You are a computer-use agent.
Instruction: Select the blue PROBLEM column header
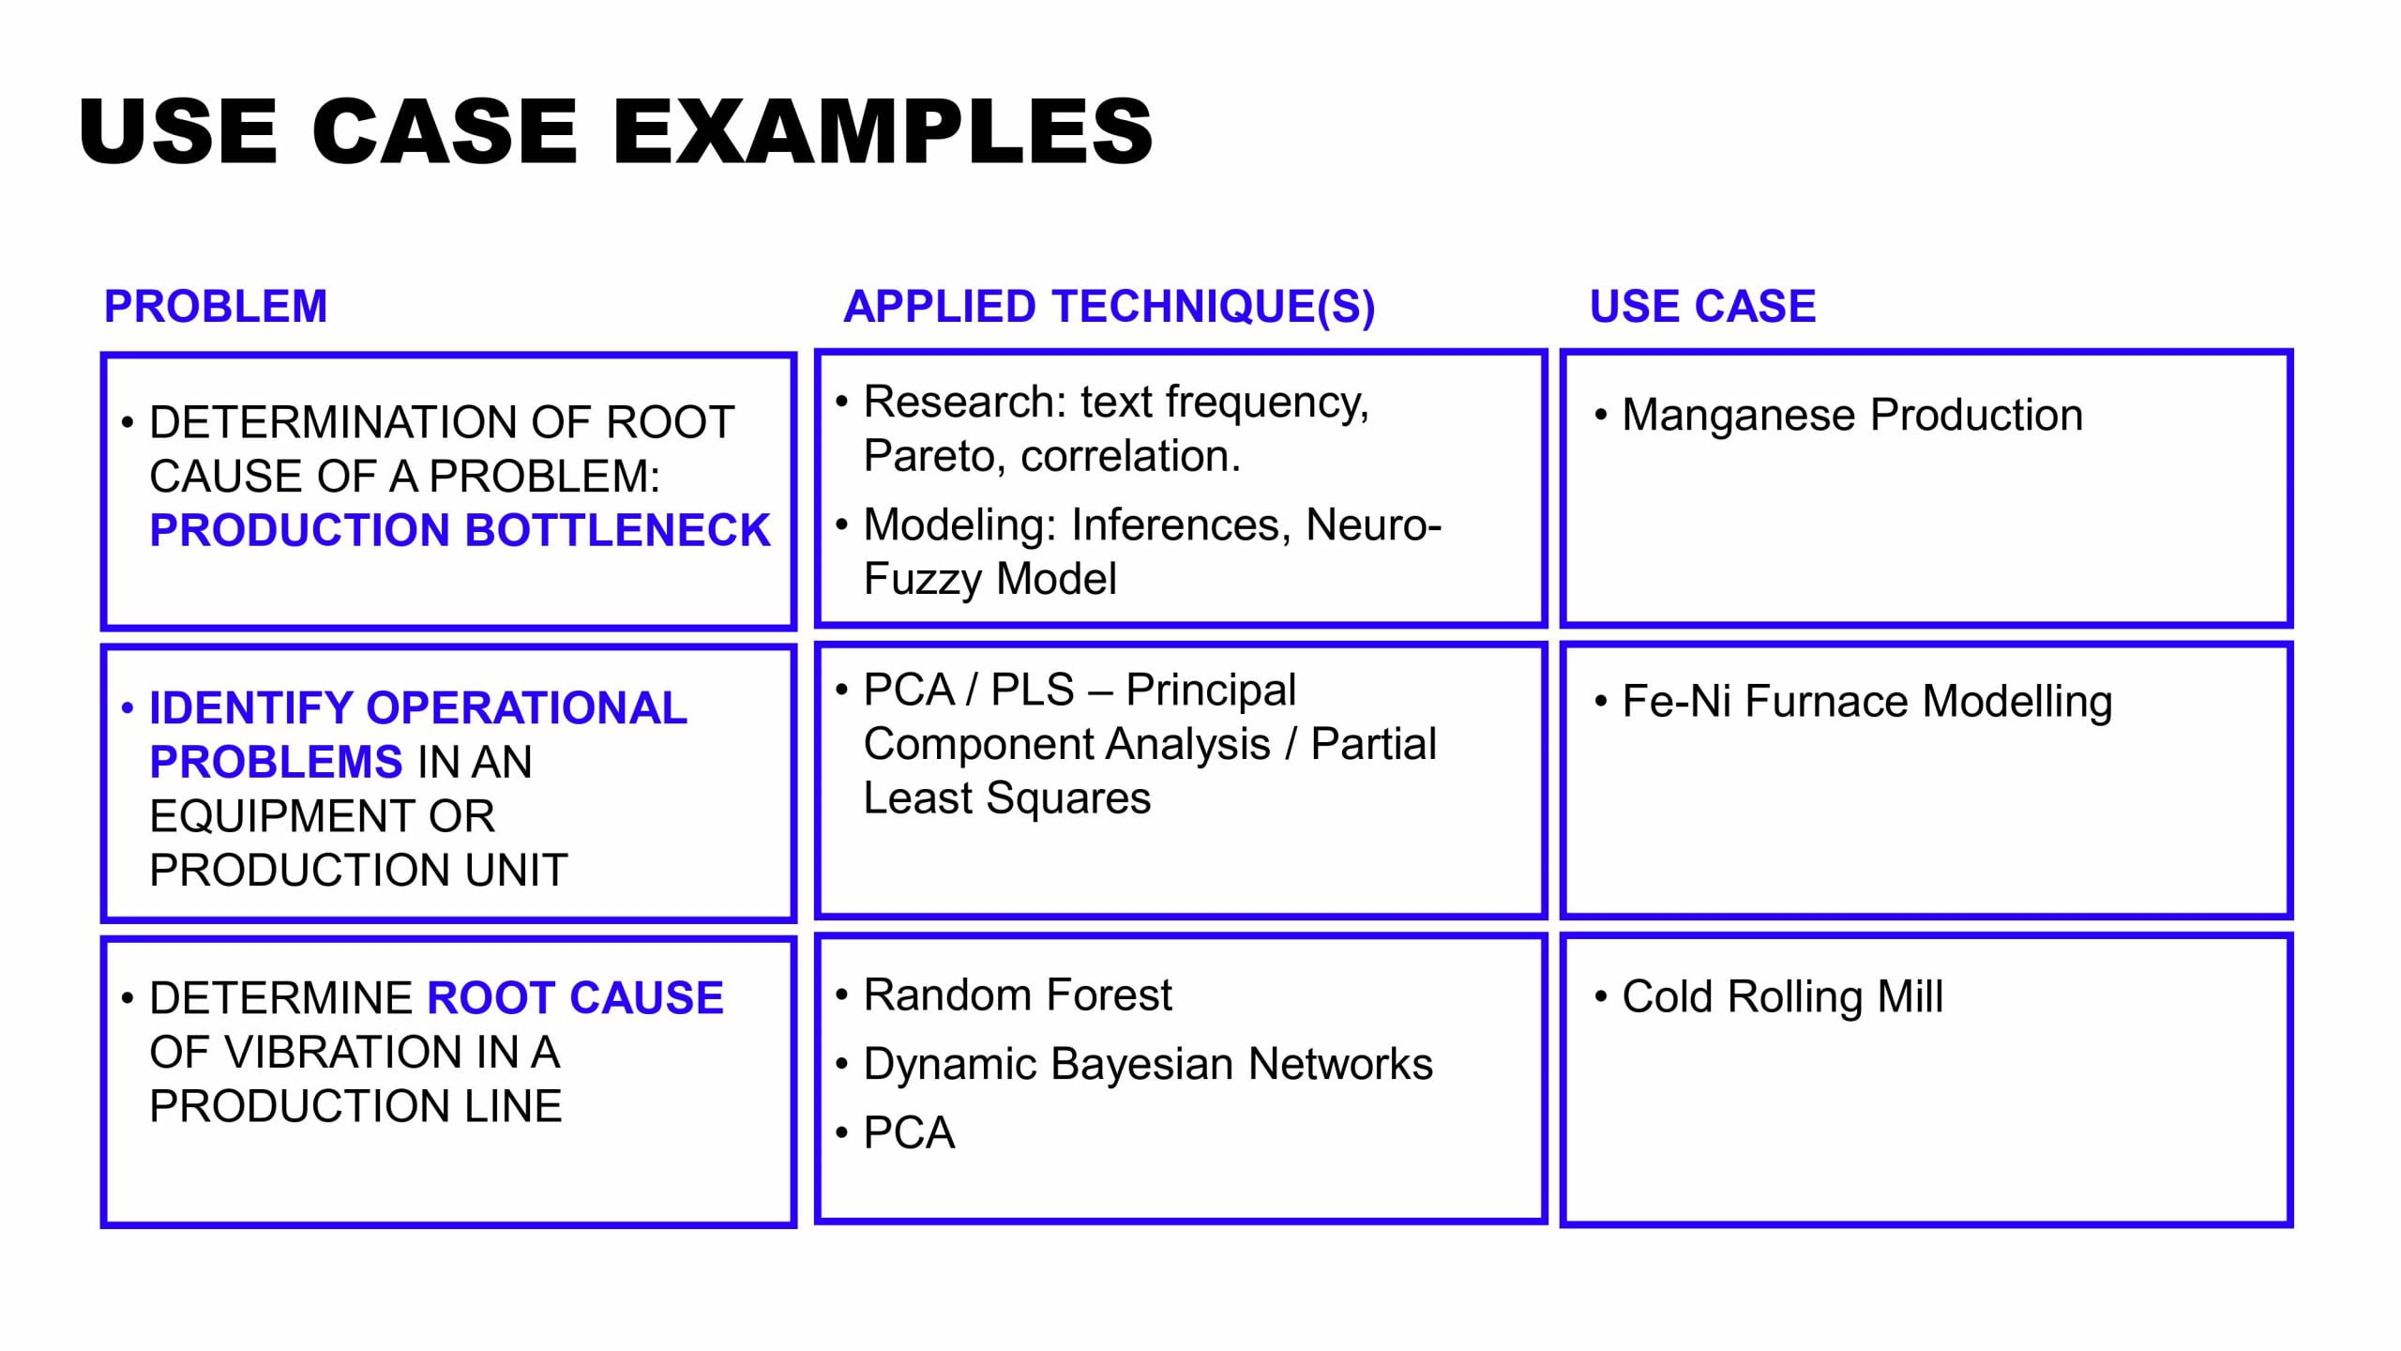click(x=216, y=307)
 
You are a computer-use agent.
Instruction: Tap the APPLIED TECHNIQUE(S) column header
click(x=1109, y=307)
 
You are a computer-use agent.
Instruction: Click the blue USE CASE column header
click(x=1702, y=307)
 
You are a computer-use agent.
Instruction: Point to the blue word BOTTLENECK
click(x=617, y=530)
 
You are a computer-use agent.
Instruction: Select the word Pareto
click(x=934, y=457)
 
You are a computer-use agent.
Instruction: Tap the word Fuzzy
click(x=923, y=579)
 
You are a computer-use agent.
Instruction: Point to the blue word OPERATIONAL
click(x=526, y=708)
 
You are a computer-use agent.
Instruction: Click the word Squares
click(x=1068, y=798)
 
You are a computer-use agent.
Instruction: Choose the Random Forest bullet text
click(x=1018, y=995)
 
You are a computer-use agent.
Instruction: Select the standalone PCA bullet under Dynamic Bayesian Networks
click(x=909, y=1133)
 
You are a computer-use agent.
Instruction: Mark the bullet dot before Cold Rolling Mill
click(x=1601, y=996)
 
